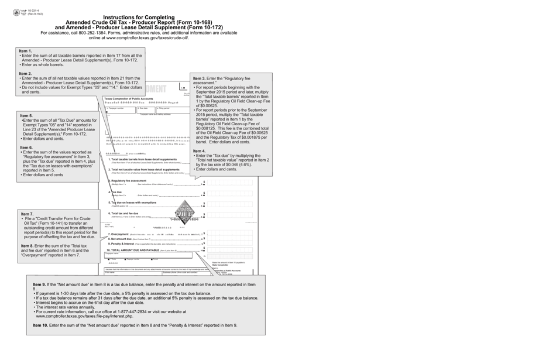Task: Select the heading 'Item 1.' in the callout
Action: (26, 52)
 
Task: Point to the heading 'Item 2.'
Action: (26, 74)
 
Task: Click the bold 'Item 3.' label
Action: (199, 78)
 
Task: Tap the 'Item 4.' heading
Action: (200, 151)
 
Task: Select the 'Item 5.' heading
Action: (27, 116)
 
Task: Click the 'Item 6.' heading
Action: (27, 148)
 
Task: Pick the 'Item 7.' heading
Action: (28, 214)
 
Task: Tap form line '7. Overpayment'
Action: (121, 234)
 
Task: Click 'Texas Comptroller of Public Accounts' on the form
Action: (129, 99)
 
